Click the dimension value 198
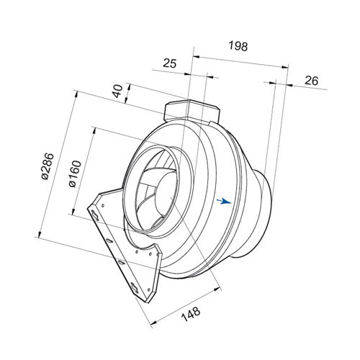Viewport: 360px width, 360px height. coord(238,46)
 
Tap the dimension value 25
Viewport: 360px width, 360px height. coord(170,63)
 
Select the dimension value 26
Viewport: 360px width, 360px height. coord(312,81)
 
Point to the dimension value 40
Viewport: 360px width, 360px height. coord(117,91)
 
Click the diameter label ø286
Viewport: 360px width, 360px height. coord(48,166)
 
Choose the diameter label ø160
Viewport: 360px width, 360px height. coord(76,174)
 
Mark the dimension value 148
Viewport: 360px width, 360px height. coord(191,314)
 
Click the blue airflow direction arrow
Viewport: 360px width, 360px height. coord(224,201)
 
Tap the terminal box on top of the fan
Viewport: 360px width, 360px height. coord(192,111)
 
